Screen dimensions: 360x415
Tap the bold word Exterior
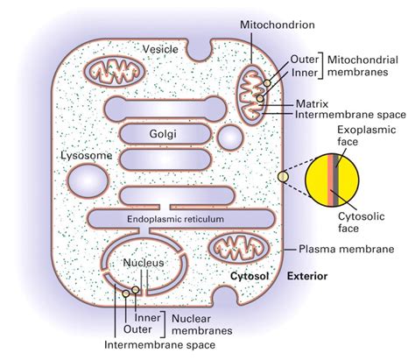tap(307, 277)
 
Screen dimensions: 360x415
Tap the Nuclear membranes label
tap(200, 324)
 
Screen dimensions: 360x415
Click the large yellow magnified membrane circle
tap(337, 177)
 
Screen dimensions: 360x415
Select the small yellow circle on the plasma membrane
tap(281, 178)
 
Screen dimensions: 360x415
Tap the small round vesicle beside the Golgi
tap(231, 138)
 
